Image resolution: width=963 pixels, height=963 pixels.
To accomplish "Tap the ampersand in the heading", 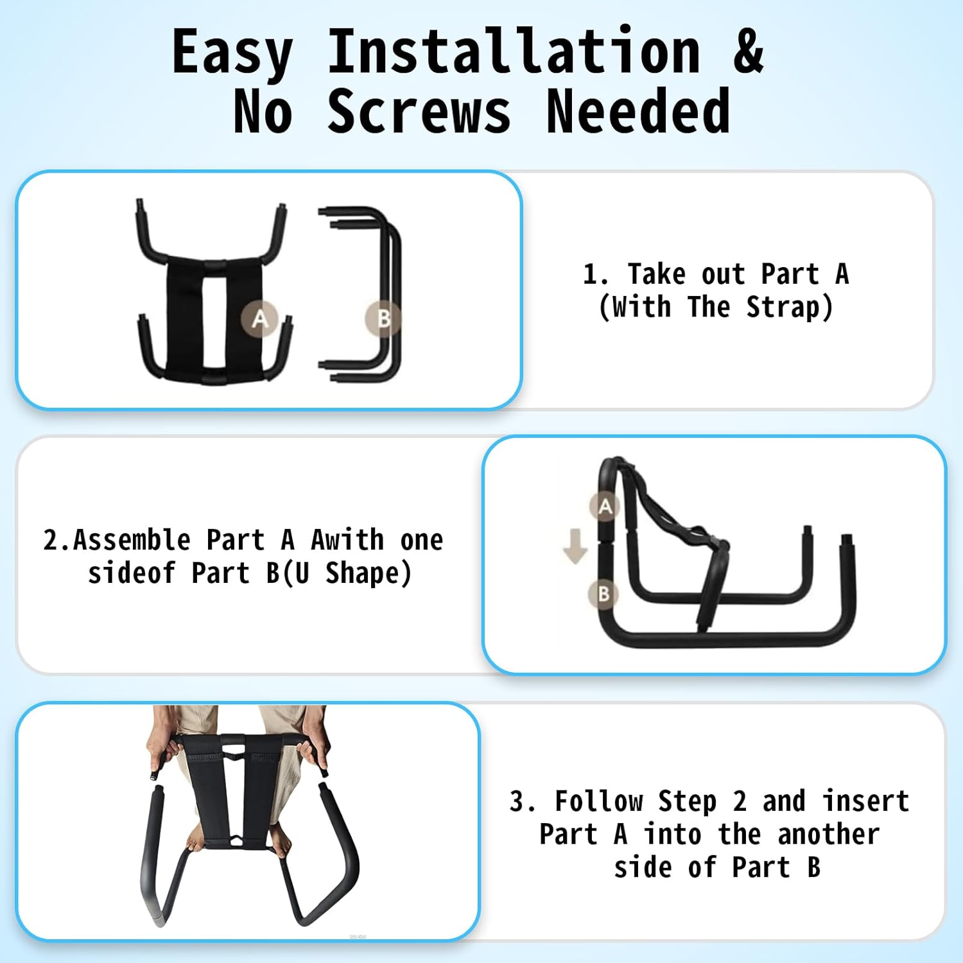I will coord(748,51).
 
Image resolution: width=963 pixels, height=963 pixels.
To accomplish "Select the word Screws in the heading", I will coord(419,113).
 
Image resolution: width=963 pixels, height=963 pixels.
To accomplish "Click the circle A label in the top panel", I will coord(259,318).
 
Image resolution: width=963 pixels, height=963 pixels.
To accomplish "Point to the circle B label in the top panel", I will coord(383,318).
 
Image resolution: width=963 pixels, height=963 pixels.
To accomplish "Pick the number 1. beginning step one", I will coord(595,275).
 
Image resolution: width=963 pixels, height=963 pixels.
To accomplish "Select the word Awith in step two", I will coord(347,541).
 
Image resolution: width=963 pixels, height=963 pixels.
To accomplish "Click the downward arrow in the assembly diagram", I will coord(575,546).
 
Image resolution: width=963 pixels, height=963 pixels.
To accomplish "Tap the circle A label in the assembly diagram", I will coord(605,507).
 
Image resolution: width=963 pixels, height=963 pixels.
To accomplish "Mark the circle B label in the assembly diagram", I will coord(603,594).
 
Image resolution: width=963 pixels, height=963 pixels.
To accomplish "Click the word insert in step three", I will coord(866,801).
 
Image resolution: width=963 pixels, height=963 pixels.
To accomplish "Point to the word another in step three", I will coord(828,835).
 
